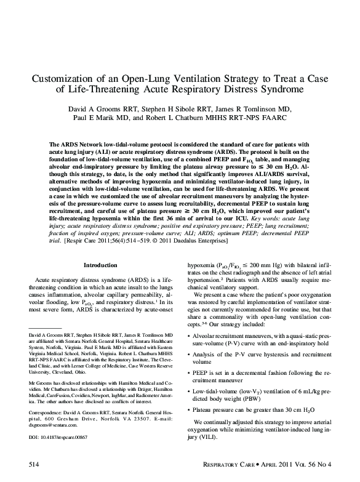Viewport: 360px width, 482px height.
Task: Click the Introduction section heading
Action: (100, 266)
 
